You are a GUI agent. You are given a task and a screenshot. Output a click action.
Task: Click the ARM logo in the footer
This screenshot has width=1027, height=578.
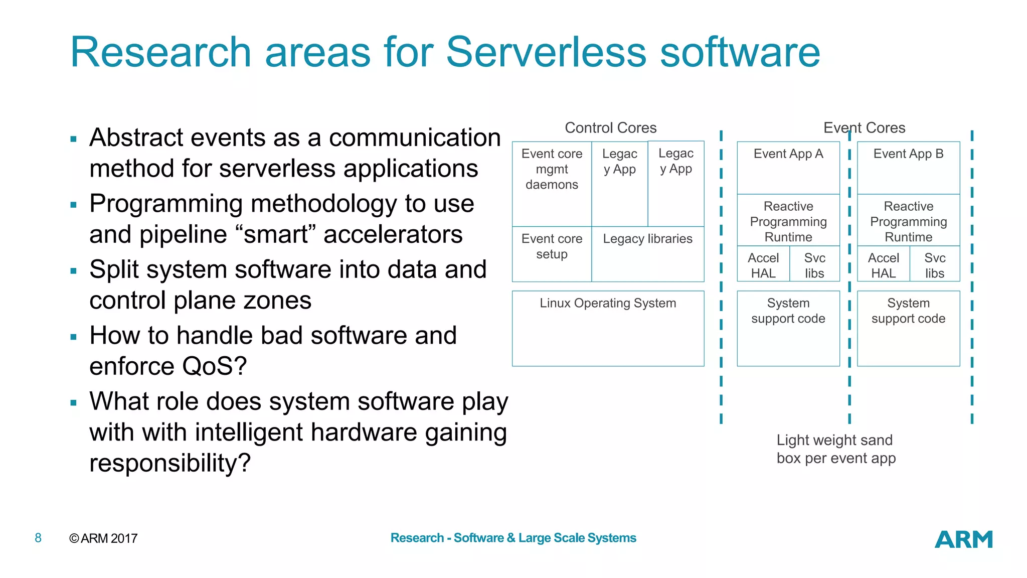pos(963,539)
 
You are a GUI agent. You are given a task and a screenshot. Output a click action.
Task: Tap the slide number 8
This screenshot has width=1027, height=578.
pos(38,538)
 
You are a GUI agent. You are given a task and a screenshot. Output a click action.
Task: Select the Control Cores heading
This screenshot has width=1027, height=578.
pos(610,128)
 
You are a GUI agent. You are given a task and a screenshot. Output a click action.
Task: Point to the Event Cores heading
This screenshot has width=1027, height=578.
pos(864,128)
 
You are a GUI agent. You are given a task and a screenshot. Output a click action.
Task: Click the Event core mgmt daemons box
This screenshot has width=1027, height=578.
pos(552,183)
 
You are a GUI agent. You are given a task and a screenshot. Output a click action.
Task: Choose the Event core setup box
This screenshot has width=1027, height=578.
pos(552,254)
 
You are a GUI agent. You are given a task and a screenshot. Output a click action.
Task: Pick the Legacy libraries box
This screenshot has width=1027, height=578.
pos(647,254)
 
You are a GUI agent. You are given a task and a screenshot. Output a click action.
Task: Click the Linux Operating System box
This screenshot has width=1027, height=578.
pos(608,328)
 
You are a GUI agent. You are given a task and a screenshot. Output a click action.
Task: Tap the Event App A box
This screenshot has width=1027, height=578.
pos(788,168)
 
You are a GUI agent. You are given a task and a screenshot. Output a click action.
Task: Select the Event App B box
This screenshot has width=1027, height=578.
pos(908,168)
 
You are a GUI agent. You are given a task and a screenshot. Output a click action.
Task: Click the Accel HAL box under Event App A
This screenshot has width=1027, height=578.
pos(763,264)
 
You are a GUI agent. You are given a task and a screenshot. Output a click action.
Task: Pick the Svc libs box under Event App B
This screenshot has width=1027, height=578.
pos(935,264)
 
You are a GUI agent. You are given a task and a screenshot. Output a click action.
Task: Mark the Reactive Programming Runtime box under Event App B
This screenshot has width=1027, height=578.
pos(908,221)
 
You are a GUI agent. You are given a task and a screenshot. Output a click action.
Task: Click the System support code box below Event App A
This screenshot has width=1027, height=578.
pos(788,328)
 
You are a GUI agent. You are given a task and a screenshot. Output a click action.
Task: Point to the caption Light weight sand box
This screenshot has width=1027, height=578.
pos(835,449)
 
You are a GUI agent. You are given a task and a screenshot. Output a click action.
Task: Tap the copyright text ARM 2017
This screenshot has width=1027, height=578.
pos(103,538)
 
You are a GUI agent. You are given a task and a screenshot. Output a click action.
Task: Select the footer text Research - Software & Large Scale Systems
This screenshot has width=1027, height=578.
pos(513,538)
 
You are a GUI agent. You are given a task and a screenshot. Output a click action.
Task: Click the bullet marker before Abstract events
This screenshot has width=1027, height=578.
pos(74,139)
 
